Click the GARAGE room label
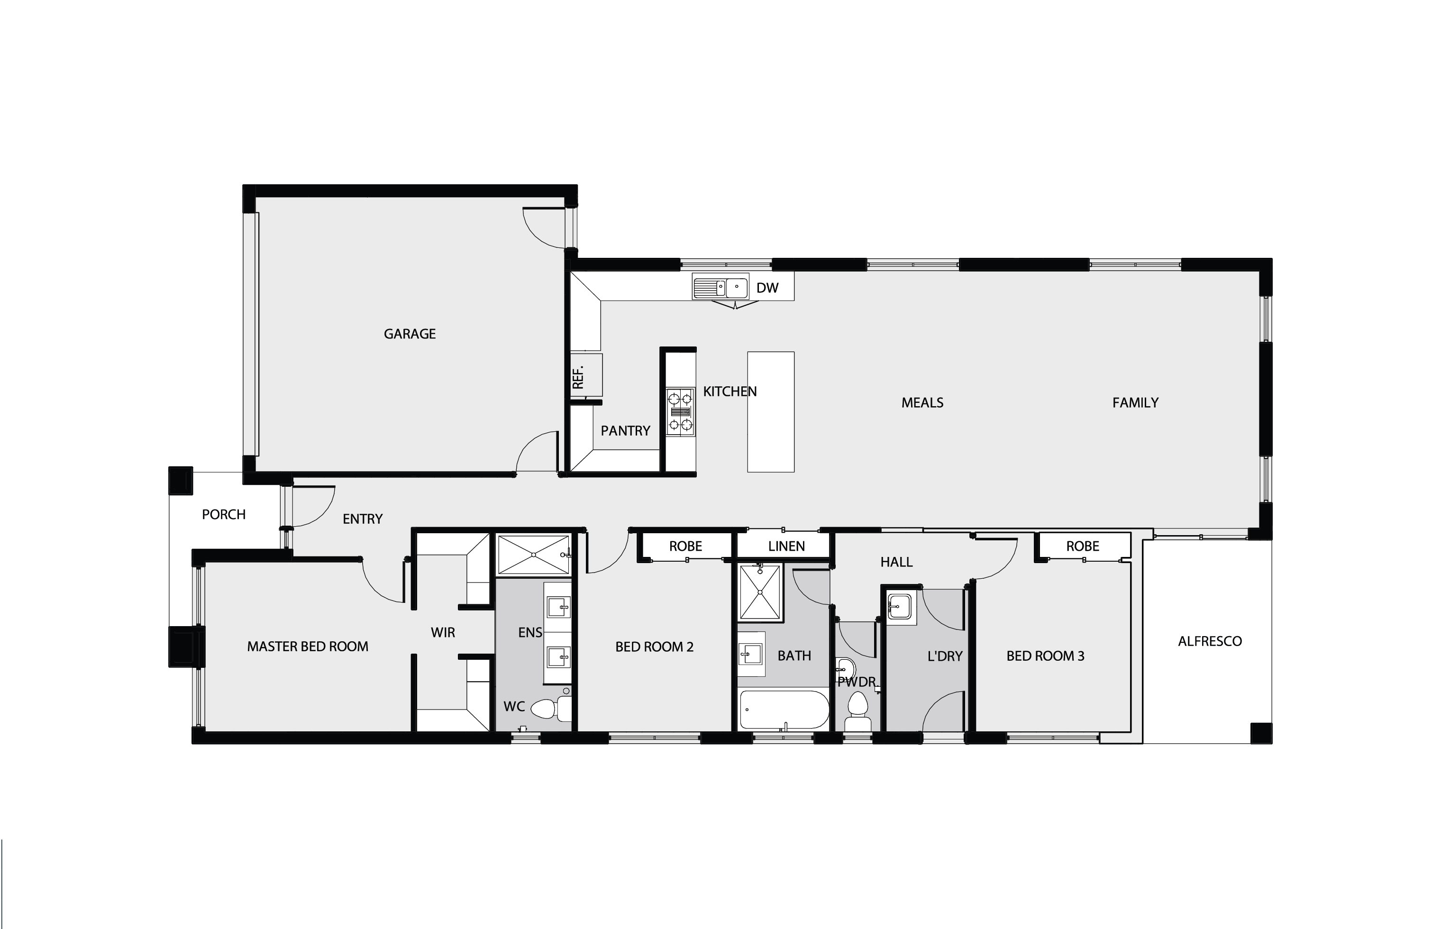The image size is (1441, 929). pos(410,334)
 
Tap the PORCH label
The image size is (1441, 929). pos(223,515)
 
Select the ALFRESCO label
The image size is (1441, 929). pos(1209,641)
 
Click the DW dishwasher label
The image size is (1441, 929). pos(767,288)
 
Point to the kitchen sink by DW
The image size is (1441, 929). pos(720,287)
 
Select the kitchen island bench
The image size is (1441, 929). pos(770,411)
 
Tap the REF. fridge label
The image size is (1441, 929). pos(578,377)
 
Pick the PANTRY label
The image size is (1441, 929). pos(625,431)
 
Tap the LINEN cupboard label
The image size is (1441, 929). pos(786,546)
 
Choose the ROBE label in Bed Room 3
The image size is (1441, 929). pos(1082,546)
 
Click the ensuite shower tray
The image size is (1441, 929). pos(533,555)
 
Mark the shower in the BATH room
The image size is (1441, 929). pos(759,592)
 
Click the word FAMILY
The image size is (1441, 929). pos(1135,402)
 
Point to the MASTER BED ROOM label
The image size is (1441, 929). pos(307,647)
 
